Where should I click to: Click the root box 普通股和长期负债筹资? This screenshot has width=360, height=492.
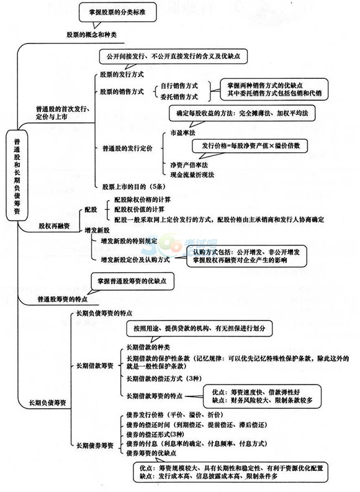coord(17,176)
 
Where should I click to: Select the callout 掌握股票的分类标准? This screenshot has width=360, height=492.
coord(117,12)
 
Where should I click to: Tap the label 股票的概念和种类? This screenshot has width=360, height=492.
coord(92,35)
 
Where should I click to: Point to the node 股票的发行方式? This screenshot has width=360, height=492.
coord(122,75)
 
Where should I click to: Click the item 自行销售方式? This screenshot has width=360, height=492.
coord(179,86)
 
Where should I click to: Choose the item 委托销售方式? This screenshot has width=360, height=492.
coord(179,97)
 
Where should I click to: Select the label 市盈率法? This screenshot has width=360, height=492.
coord(183,133)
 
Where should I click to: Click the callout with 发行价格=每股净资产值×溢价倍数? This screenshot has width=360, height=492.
coord(250,146)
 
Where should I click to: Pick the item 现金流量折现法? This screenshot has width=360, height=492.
coord(192,175)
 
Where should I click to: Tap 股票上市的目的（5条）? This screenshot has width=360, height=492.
coord(134,187)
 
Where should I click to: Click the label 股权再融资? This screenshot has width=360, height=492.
coord(54,226)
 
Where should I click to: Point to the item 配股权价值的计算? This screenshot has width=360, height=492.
coord(139,209)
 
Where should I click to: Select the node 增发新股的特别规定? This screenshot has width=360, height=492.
coord(129,241)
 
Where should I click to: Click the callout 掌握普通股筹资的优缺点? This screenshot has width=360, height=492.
coord(132,281)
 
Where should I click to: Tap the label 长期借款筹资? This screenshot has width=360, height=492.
coord(95,365)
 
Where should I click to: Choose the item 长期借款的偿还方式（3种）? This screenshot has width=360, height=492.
coord(164,378)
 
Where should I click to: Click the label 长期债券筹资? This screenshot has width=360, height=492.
coord(95,445)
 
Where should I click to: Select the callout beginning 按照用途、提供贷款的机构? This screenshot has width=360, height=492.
coord(199,329)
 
